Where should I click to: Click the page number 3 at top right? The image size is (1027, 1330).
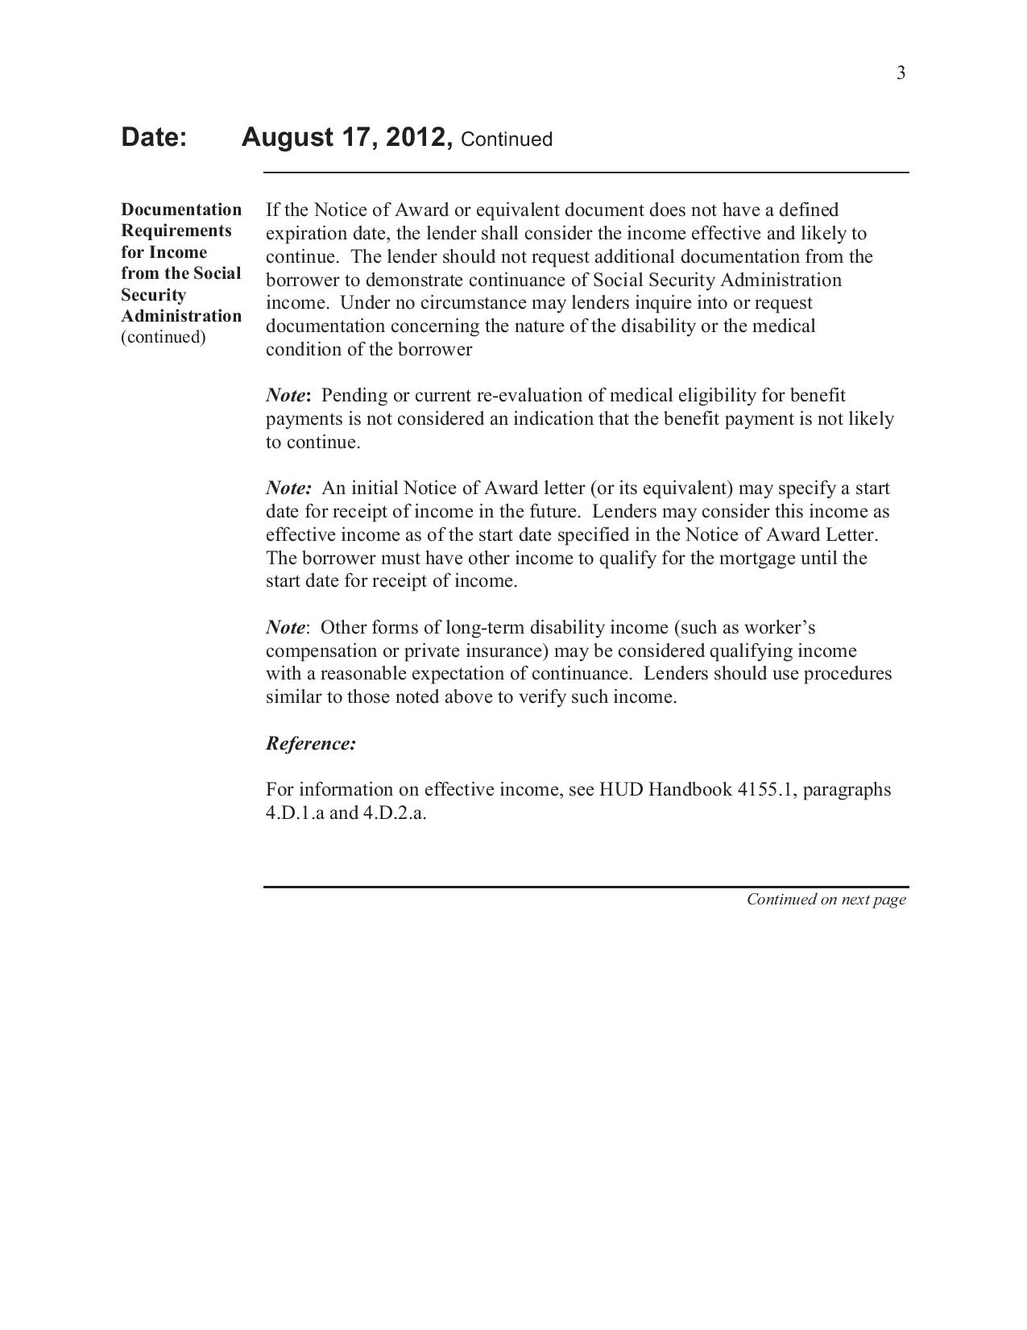901,73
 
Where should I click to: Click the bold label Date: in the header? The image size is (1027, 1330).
154,137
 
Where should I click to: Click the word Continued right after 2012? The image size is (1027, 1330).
507,139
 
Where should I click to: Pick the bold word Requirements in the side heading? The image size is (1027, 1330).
176,231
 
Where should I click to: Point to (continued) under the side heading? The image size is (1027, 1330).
164,337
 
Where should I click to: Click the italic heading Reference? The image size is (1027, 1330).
311,743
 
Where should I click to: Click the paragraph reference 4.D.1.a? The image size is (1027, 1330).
296,813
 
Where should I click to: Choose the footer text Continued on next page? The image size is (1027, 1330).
826,900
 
